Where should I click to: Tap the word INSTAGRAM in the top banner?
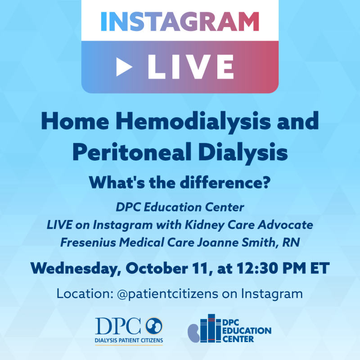coord(180,21)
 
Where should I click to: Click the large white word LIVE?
coord(191,67)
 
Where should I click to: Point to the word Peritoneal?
coord(132,153)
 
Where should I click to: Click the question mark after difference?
coord(266,183)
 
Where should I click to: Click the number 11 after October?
coord(202,268)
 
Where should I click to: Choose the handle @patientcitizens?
coord(167,294)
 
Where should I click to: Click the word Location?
coord(85,293)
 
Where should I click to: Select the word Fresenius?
coord(88,243)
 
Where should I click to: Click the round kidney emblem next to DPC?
coord(154,326)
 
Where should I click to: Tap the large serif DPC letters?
coord(118,326)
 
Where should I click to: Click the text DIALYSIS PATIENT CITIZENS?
coord(129,341)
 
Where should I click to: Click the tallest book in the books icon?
coord(211,328)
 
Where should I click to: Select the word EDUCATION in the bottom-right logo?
coord(247,331)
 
